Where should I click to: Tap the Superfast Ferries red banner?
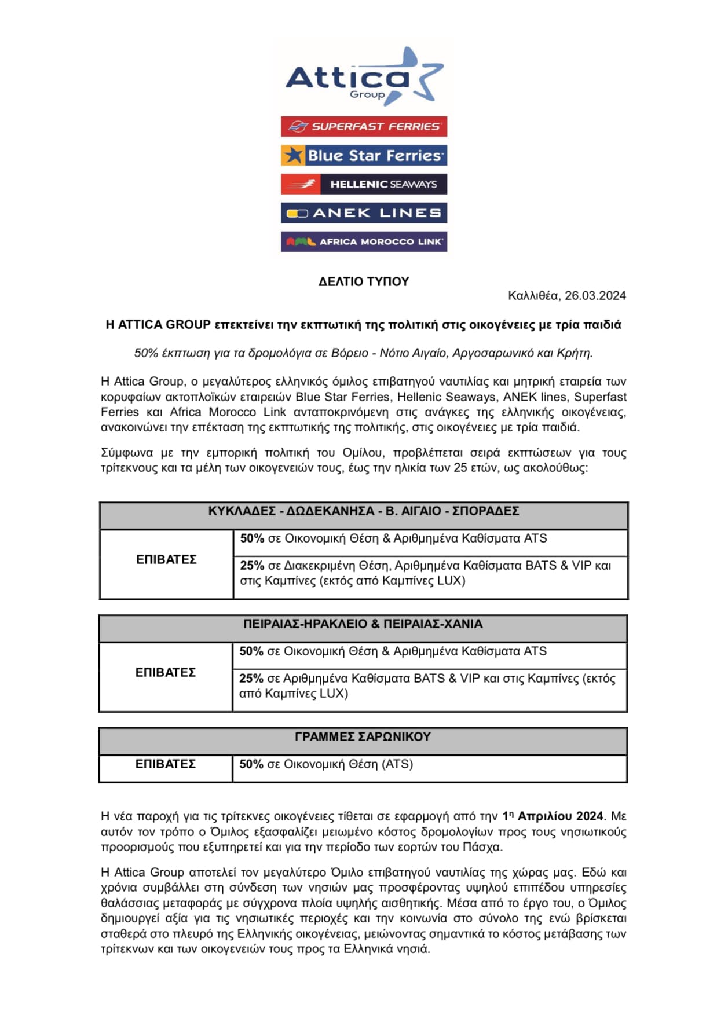[364, 126]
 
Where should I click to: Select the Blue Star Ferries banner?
[364, 155]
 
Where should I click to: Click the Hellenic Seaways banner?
[364, 184]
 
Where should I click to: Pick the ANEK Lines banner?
[364, 213]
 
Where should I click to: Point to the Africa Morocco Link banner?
[364, 241]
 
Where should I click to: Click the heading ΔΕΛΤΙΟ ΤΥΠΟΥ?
[364, 282]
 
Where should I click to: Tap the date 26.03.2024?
[595, 296]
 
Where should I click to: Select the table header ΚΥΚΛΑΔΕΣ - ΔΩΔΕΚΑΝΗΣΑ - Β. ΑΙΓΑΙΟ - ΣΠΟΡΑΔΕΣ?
[364, 511]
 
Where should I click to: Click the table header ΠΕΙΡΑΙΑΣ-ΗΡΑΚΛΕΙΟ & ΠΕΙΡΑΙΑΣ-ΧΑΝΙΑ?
[363, 624]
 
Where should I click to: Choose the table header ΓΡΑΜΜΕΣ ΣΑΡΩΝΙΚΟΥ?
[363, 737]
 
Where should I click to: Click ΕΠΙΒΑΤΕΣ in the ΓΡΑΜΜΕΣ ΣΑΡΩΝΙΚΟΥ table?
[165, 764]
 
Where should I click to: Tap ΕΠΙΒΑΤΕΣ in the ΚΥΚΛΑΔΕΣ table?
[166, 560]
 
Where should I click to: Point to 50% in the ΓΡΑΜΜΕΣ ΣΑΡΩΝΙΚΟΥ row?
[251, 764]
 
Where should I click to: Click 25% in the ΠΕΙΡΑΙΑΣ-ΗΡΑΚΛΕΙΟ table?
[251, 679]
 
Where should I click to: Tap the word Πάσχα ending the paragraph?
[482, 847]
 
